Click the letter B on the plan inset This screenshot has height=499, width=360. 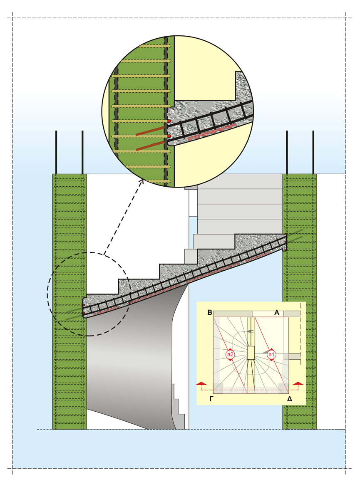tap(210, 313)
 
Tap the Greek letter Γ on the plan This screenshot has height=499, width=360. tap(212, 399)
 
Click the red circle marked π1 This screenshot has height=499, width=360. tap(271, 354)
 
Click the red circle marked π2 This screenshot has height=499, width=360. tap(230, 354)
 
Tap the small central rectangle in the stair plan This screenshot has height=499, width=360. tap(251, 353)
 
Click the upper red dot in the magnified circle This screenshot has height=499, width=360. tap(169, 121)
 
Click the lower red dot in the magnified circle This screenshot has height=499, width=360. tap(169, 136)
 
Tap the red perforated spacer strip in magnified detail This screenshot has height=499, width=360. tap(212, 131)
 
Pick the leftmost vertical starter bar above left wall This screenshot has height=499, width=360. tap(56, 152)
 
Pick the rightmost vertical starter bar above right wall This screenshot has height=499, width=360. tap(313, 152)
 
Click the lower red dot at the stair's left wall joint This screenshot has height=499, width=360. tap(84, 313)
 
